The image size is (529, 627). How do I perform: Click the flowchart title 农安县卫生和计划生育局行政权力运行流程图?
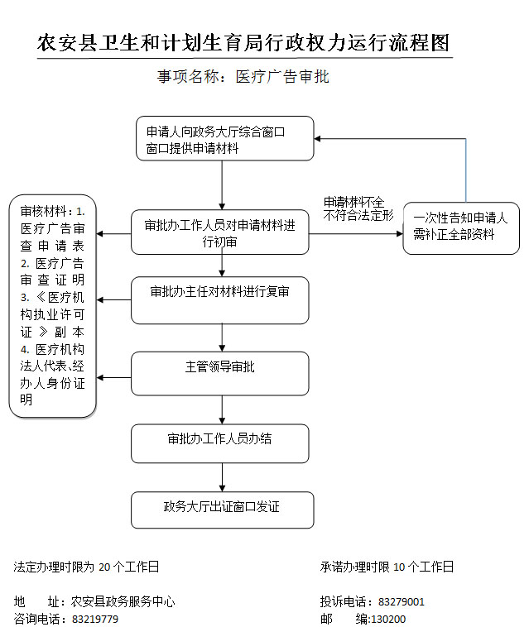tap(243, 43)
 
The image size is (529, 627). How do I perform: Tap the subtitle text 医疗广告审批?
tap(282, 76)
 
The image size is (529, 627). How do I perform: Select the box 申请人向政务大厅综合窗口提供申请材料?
tap(225, 139)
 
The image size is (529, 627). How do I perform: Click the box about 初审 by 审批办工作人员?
tap(220, 232)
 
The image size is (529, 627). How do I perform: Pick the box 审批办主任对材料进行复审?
tap(220, 300)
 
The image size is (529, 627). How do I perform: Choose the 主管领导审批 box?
tap(220, 374)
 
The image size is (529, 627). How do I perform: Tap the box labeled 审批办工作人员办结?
tap(220, 444)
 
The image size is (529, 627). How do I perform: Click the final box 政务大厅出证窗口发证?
tap(223, 510)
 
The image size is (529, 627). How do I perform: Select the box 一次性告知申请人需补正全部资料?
tap(461, 228)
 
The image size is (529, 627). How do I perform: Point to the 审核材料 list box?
tap(52, 306)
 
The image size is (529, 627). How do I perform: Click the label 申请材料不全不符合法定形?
tap(358, 209)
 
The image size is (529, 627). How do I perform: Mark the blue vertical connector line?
tap(466, 170)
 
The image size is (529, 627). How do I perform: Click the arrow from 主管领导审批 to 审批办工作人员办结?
tap(222, 410)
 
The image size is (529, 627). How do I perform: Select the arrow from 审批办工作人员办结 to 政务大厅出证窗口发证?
tap(222, 477)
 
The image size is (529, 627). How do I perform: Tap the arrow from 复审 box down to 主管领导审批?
tap(222, 337)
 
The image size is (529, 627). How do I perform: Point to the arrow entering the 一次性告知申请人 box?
tap(356, 233)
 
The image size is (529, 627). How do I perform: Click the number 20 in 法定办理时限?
tap(104, 567)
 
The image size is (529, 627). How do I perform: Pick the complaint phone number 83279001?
tap(401, 602)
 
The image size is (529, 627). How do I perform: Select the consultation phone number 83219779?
tap(95, 620)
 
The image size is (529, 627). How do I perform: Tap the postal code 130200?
tap(389, 620)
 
